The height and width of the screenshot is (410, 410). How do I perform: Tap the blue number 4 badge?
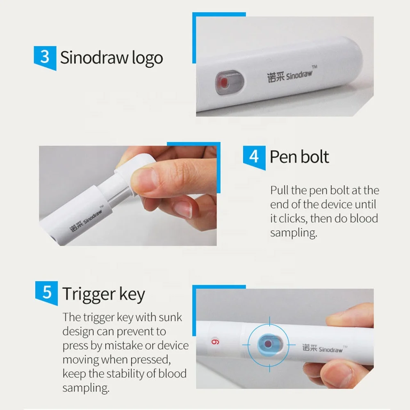pos(254,156)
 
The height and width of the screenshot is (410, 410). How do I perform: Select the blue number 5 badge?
pos(47,293)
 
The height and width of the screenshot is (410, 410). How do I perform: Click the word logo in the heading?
pos(147,58)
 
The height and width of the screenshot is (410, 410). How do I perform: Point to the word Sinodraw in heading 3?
pos(94,57)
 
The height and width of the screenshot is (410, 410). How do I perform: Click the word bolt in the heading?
pos(314,157)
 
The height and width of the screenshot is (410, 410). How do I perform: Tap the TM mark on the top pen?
pos(315,66)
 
